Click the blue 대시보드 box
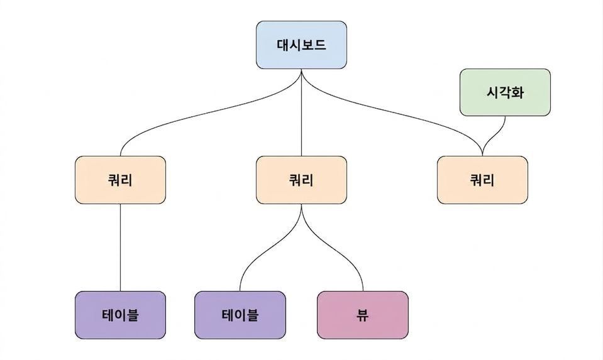pos(302,45)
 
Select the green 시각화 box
pos(505,92)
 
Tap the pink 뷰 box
pos(363,315)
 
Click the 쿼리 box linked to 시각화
pos(482,180)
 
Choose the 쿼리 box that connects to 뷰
pos(302,180)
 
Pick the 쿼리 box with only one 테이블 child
pos(120,180)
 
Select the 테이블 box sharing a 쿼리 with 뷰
pos(240,315)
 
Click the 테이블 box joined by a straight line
pos(120,315)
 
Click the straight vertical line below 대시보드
pos(302,112)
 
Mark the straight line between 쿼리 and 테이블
pos(120,248)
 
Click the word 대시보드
pos(302,45)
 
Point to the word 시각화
pos(505,92)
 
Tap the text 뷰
pos(363,315)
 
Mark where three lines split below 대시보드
pos(302,72)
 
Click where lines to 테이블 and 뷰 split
pos(302,206)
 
